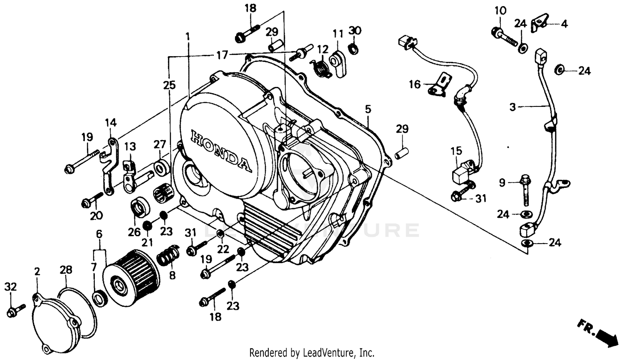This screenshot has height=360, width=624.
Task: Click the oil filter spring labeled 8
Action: [x=168, y=256]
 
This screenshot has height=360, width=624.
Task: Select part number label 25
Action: [x=169, y=85]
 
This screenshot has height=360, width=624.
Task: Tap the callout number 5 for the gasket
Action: [x=368, y=109]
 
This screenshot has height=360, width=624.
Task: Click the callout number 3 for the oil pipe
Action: [x=513, y=107]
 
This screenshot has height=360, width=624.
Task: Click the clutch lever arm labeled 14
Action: [x=109, y=166]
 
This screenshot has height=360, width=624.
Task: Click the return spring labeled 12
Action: [x=321, y=67]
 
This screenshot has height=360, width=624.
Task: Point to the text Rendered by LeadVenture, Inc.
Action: [x=312, y=353]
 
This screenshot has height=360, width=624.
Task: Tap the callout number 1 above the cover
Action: [x=188, y=37]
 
